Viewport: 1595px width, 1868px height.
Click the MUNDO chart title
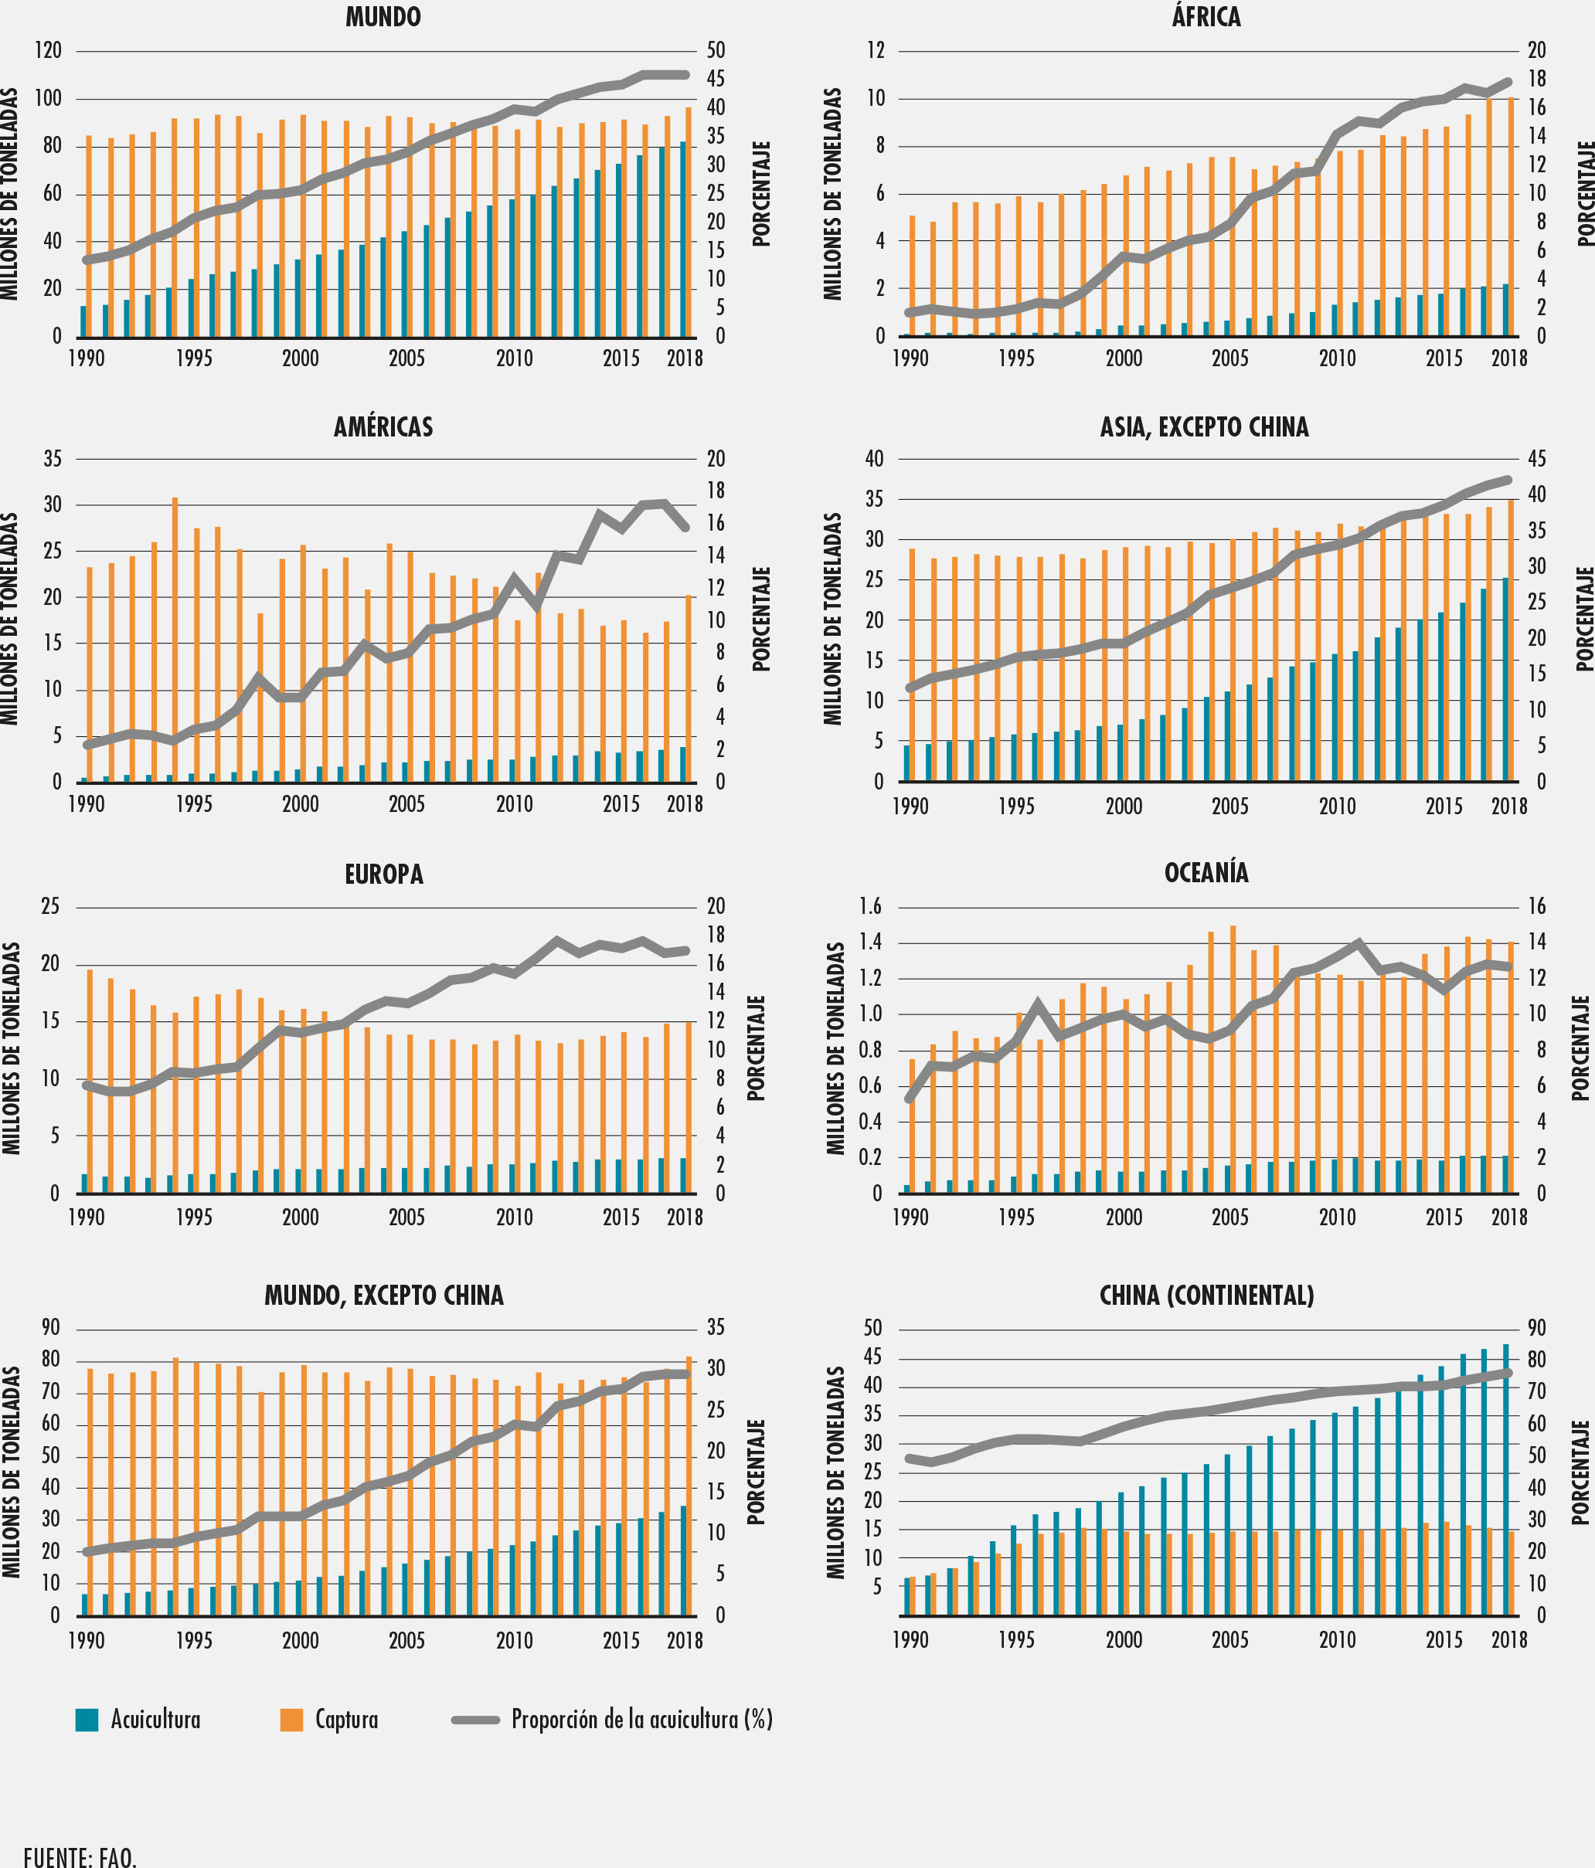[x=383, y=17]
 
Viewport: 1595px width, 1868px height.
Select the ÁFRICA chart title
[x=1206, y=17]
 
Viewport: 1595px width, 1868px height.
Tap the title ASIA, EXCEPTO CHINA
[x=1205, y=427]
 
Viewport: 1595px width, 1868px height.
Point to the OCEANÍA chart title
[x=1206, y=873]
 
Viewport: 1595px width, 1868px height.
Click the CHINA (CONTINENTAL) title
[x=1206, y=1296]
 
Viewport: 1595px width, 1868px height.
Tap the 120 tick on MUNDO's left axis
[x=48, y=50]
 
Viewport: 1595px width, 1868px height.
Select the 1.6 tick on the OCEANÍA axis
[x=870, y=906]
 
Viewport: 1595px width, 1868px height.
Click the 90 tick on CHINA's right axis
[x=1536, y=1328]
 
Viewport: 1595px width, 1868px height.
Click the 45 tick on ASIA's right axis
[x=1536, y=459]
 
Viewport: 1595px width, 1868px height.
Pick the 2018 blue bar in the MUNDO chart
[x=682, y=239]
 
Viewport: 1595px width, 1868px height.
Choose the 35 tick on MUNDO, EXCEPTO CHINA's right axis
[x=715, y=1328]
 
